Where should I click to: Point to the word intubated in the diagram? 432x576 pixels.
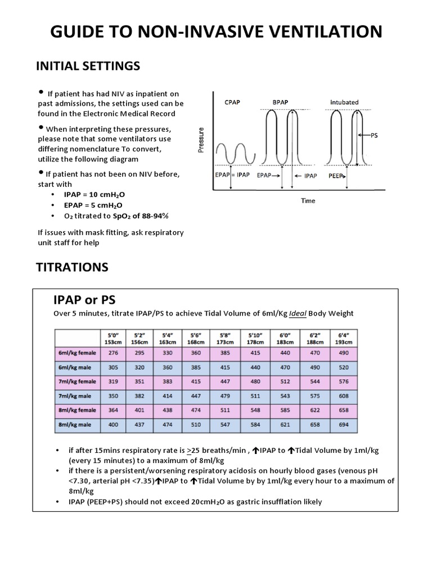(x=344, y=102)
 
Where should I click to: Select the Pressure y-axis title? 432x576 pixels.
(x=201, y=139)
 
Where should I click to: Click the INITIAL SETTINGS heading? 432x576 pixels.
(x=88, y=66)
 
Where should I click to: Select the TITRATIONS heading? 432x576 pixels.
(x=72, y=267)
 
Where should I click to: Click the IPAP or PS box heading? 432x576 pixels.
(x=84, y=299)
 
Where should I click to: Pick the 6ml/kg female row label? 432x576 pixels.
(x=77, y=353)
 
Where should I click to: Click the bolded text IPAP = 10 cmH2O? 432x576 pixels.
(x=94, y=194)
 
